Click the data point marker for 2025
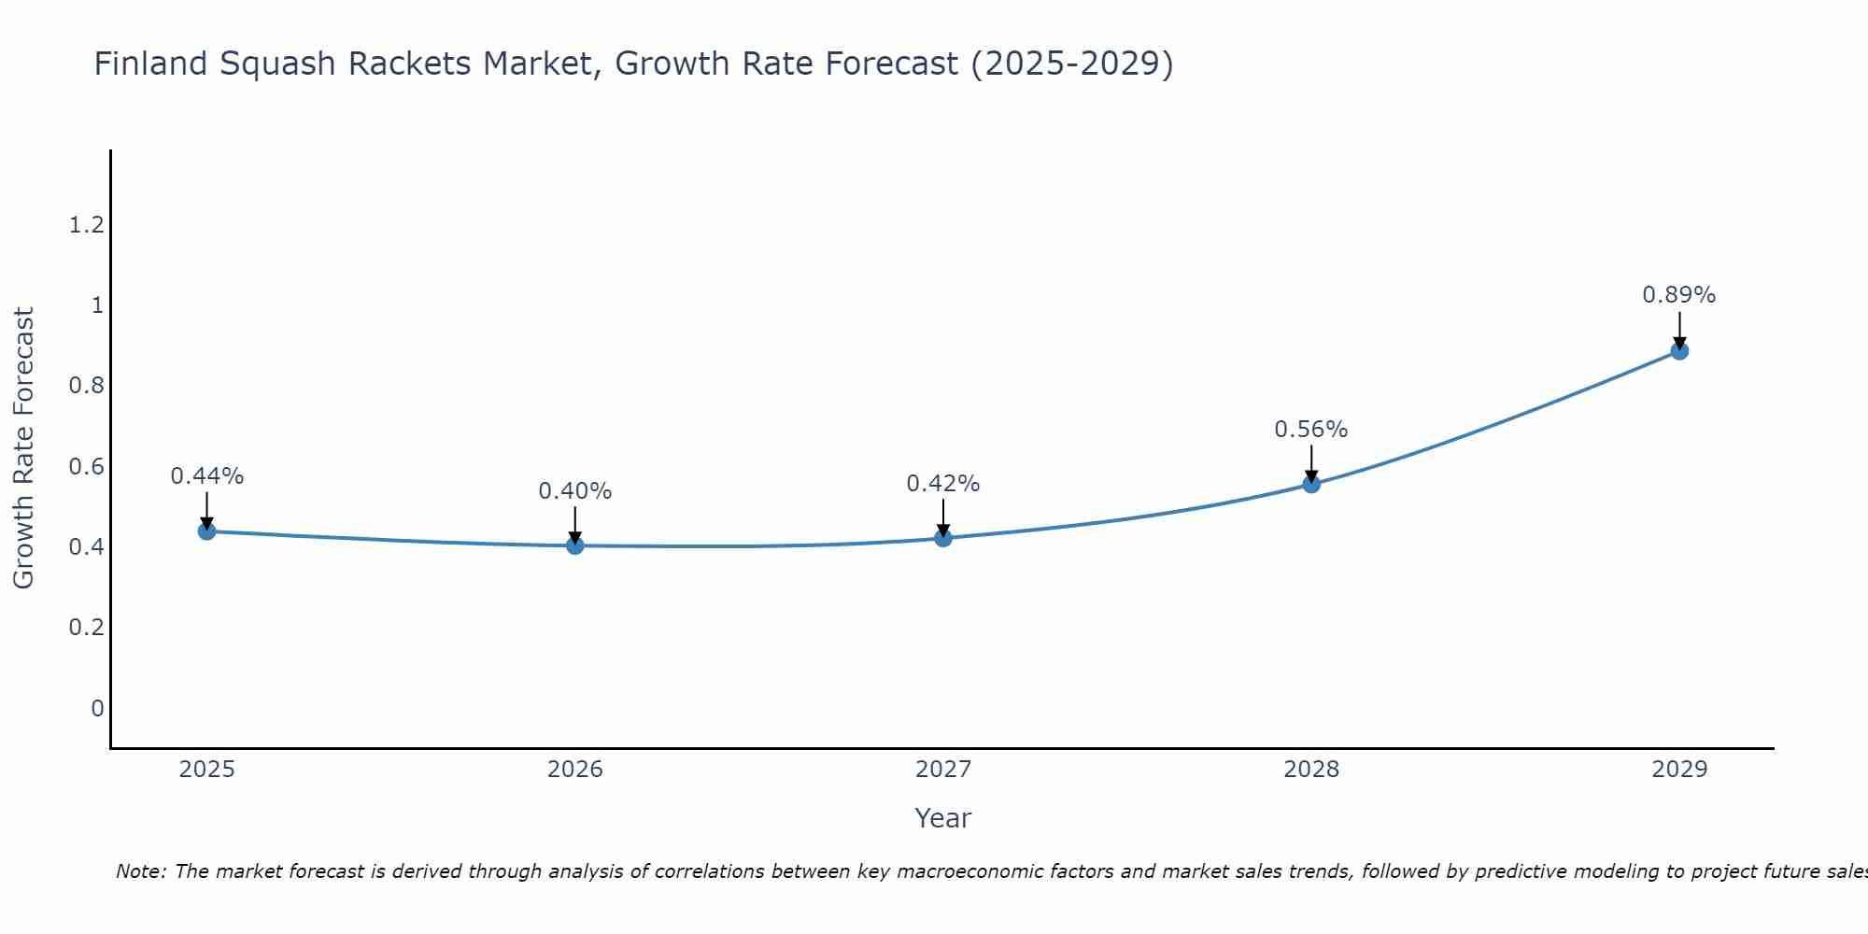coord(206,531)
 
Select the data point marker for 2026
coord(575,545)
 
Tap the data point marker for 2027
coord(943,538)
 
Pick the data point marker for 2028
coord(1311,484)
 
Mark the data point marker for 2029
coord(1679,351)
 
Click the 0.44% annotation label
coord(206,476)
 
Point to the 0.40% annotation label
coord(575,491)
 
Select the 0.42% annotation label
coord(943,484)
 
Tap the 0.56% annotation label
coord(1311,430)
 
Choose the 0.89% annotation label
coord(1679,295)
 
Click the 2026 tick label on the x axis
coord(575,770)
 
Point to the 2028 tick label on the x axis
coord(1311,770)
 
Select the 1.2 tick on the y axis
coord(86,225)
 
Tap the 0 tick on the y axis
coord(97,708)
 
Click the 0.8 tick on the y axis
coord(86,386)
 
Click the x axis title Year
coord(943,818)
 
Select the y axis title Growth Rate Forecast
coord(23,448)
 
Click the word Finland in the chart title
coord(150,64)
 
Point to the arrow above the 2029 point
coord(1679,329)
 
